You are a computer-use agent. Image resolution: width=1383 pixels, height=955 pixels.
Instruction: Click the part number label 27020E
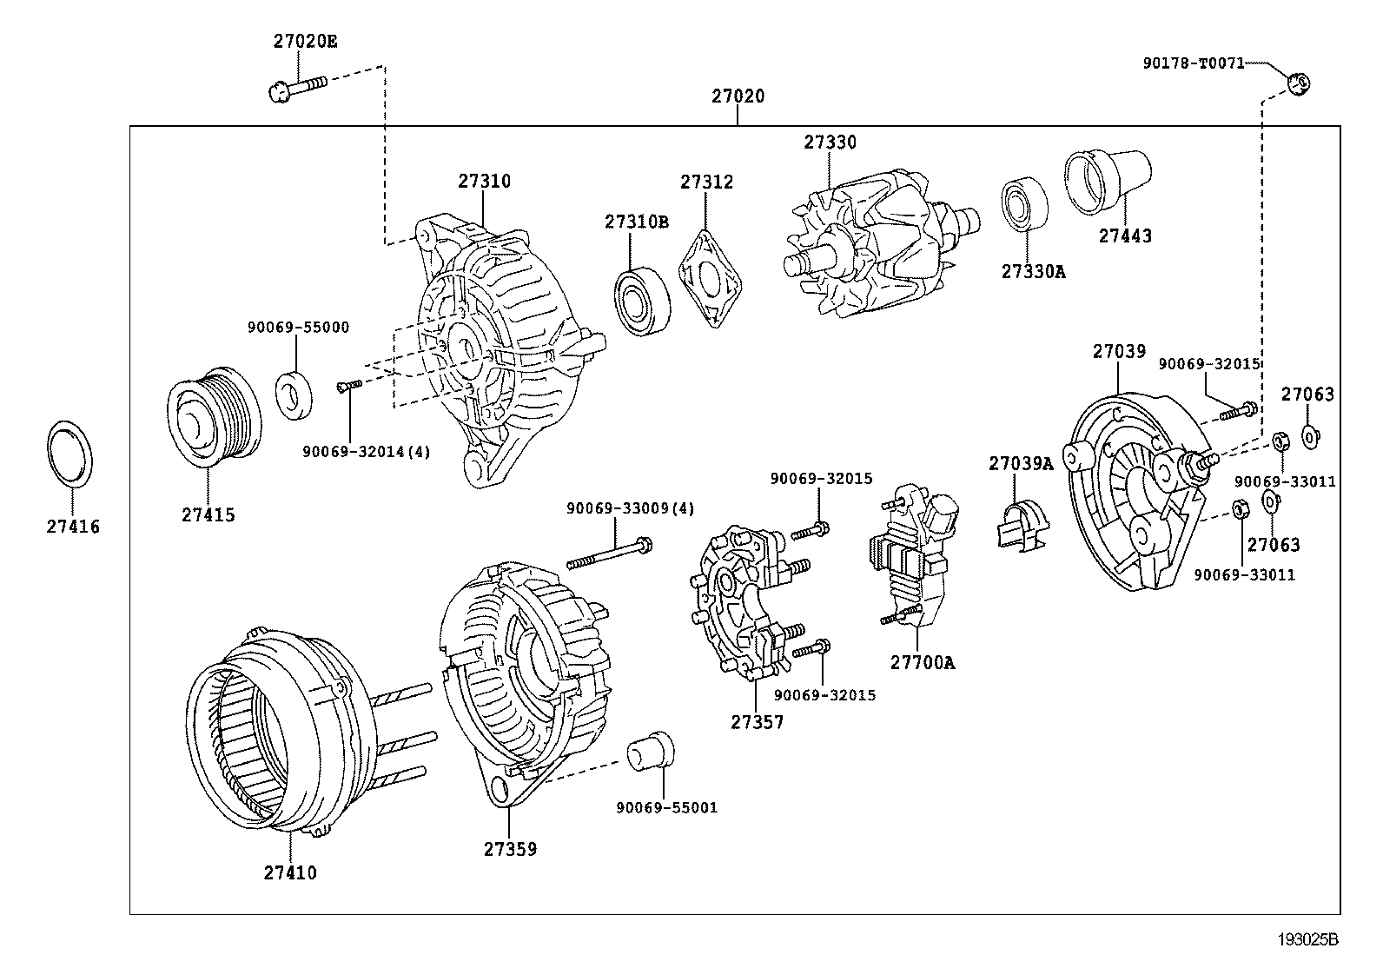coord(305,40)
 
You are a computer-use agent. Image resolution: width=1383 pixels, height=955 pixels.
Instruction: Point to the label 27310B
coord(637,222)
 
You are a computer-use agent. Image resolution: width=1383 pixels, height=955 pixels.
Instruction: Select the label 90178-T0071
coord(1194,63)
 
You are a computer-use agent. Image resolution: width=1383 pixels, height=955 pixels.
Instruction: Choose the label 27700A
coord(922,663)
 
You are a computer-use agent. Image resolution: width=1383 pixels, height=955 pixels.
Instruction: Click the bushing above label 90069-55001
coord(652,750)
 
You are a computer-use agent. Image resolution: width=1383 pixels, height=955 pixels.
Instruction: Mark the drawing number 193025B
coord(1307,939)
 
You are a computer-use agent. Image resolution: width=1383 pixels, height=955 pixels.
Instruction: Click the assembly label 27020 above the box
coord(738,96)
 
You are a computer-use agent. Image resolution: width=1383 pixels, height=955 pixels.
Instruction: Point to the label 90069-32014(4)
coord(366,452)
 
